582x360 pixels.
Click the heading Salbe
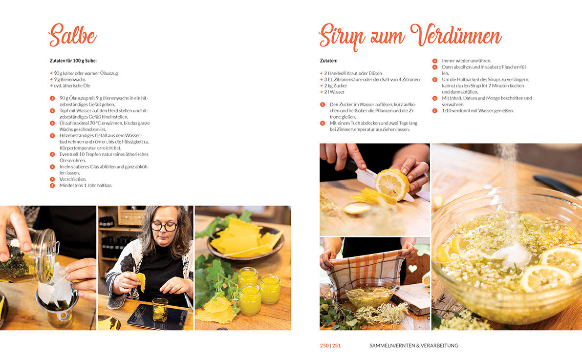pyautogui.click(x=72, y=36)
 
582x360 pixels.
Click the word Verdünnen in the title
pyautogui.click(x=456, y=36)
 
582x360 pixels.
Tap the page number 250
pyautogui.click(x=324, y=345)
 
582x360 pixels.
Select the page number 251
pyautogui.click(x=336, y=345)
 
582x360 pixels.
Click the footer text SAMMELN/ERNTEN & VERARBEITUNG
pyautogui.click(x=414, y=345)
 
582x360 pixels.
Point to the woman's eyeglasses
pyautogui.click(x=164, y=226)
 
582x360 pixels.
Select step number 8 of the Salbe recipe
pyautogui.click(x=52, y=185)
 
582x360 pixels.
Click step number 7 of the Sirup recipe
pyautogui.click(x=434, y=110)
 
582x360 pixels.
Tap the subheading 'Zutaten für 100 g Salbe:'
pyautogui.click(x=73, y=61)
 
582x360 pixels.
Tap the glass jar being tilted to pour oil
pyautogui.click(x=28, y=256)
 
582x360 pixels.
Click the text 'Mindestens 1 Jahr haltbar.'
pyautogui.click(x=86, y=185)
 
